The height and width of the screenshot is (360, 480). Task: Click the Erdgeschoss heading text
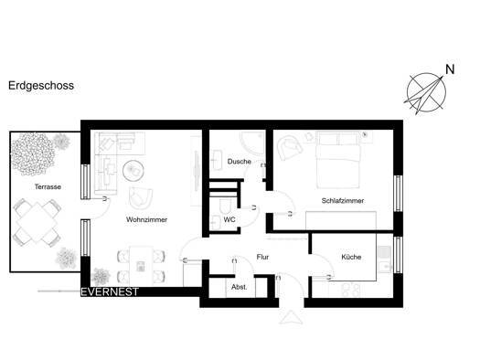pos(41,86)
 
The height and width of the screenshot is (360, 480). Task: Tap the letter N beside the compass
pos(450,69)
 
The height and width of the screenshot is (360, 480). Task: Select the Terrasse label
pos(48,186)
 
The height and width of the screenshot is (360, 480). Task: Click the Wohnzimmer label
pos(146,219)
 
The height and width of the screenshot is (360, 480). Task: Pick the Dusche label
pos(239,161)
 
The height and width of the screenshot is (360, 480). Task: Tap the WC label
pos(229,219)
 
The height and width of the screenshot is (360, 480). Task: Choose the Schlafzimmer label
pos(343,201)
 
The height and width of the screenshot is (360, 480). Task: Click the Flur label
pos(262,257)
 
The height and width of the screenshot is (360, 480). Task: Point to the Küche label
pos(351,257)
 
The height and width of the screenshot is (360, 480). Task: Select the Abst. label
pos(239,287)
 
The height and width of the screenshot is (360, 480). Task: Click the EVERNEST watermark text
pos(110,292)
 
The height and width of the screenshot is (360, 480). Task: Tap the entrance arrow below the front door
pos(291,317)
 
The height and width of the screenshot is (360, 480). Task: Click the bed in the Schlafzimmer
pos(338,160)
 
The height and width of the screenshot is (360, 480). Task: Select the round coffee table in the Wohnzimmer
pos(133,171)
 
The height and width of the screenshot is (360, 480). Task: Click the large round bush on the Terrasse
pos(32,154)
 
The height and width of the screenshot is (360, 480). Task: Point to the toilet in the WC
pos(226,206)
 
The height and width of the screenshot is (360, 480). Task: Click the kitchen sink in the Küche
pos(384,259)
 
